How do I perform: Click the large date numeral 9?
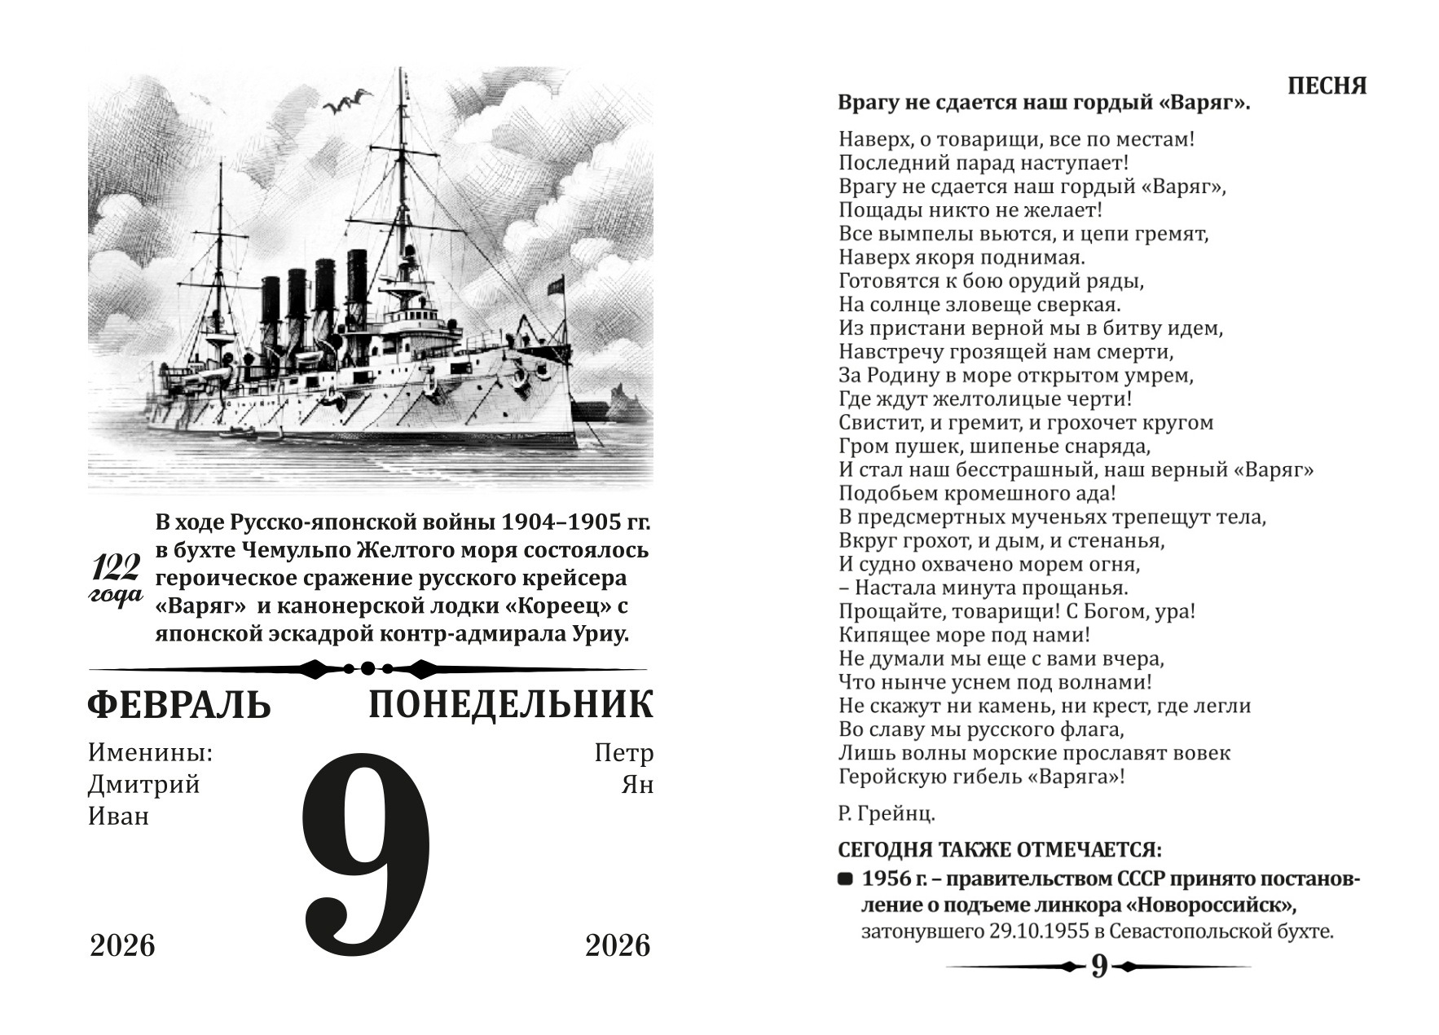click(367, 856)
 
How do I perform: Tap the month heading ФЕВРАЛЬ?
click(178, 706)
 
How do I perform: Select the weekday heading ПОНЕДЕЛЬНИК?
click(510, 706)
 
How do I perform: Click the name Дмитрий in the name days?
click(144, 785)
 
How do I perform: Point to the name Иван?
click(119, 816)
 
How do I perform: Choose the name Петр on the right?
click(624, 753)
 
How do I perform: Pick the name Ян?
click(637, 785)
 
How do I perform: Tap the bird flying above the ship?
click(346, 103)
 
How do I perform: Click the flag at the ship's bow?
click(556, 286)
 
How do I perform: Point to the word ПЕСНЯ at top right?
click(1327, 86)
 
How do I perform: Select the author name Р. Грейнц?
click(887, 813)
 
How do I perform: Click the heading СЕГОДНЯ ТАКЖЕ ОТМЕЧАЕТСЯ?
click(1000, 849)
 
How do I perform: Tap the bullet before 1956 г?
click(846, 880)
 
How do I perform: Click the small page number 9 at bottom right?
click(1099, 967)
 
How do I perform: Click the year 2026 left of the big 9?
click(122, 946)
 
